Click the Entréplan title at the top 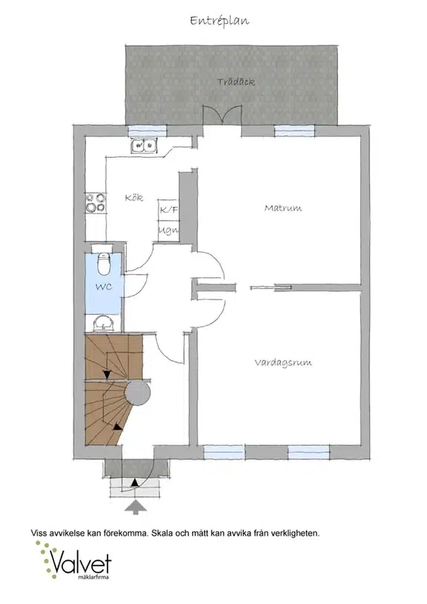coord(219,21)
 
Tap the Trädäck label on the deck coord(236,82)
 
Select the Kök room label coord(134,198)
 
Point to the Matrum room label coord(283,208)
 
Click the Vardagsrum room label coord(283,363)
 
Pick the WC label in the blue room coord(104,287)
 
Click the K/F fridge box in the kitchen coord(168,210)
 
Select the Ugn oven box coord(168,231)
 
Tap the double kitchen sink coord(144,145)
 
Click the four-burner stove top coord(96,202)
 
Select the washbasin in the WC coord(104,323)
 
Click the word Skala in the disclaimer coord(161,534)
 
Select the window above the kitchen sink coord(148,131)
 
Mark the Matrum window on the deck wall coord(294,131)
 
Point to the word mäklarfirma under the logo coord(93,577)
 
